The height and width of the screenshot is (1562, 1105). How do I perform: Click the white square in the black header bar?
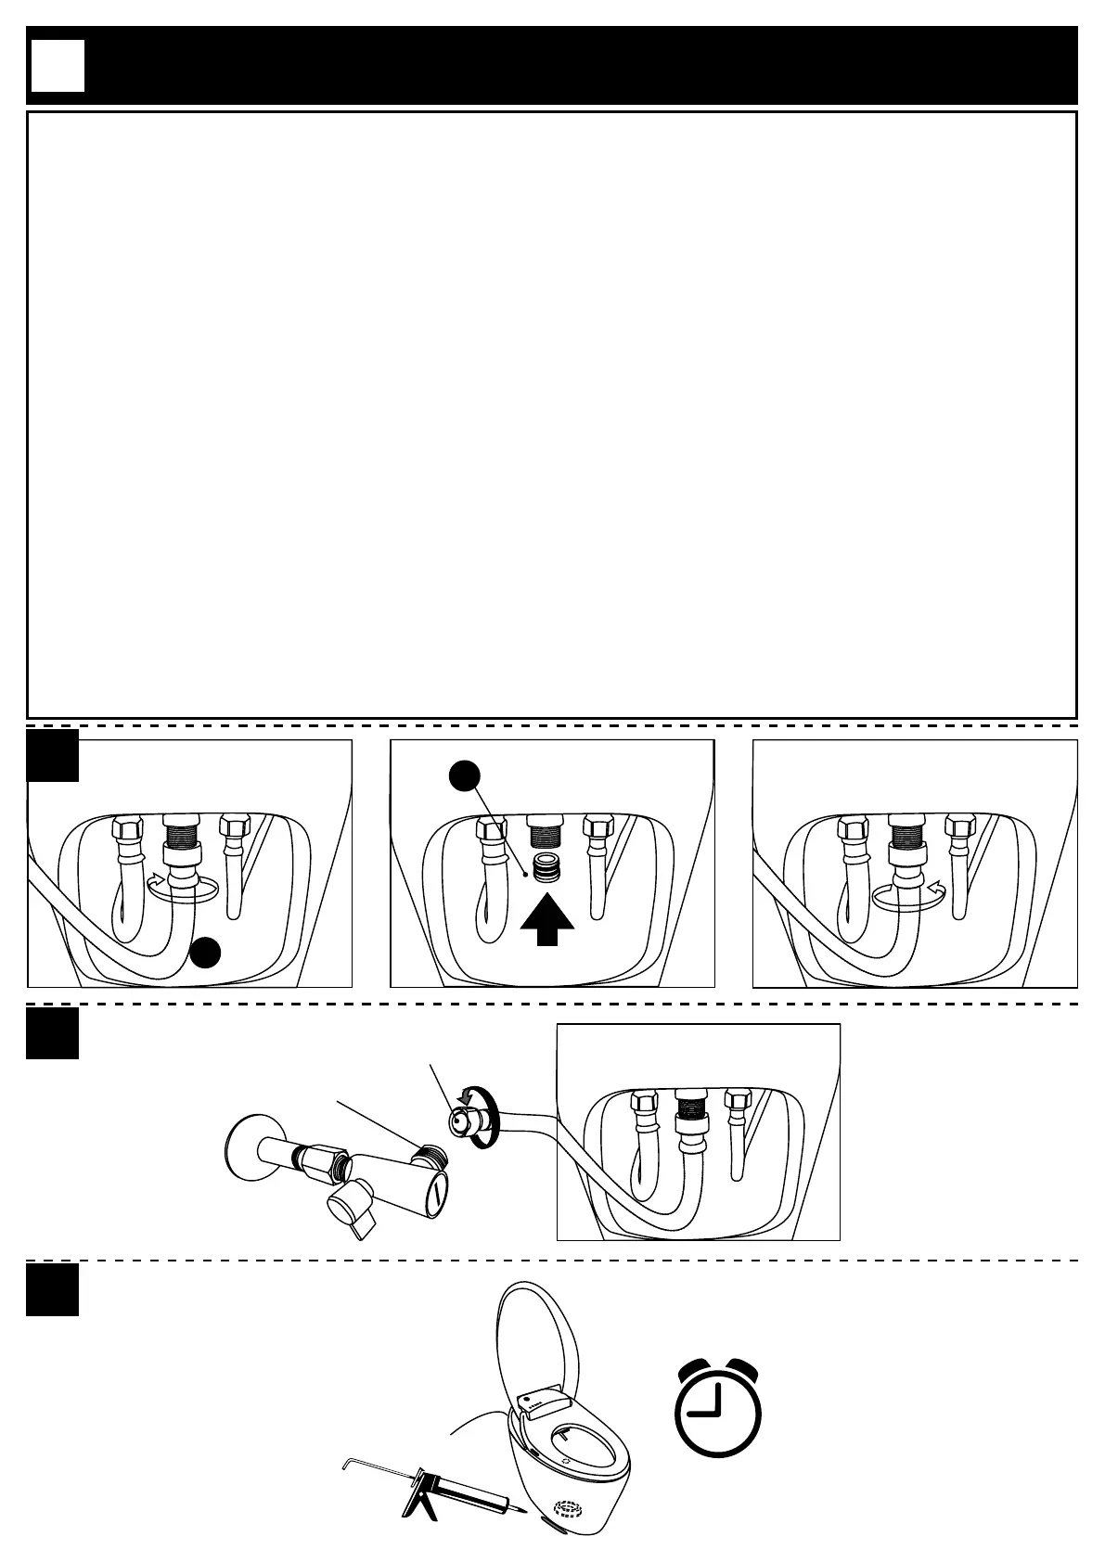58,66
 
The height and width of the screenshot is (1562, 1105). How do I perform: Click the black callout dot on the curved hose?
206,953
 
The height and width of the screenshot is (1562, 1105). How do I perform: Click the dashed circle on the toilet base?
570,1509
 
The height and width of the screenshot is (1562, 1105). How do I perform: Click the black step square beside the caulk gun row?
52,1289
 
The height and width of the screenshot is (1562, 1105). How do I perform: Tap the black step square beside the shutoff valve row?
52,1032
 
